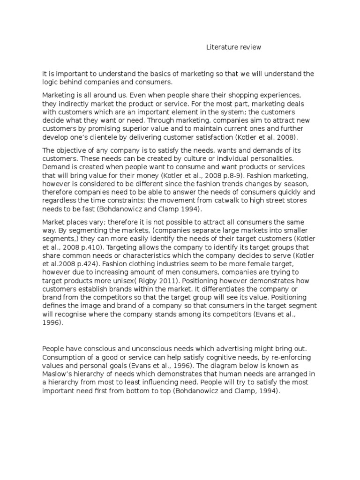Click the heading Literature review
[x=234, y=47]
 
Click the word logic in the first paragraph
[x=51, y=82]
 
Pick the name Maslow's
[x=60, y=374]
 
